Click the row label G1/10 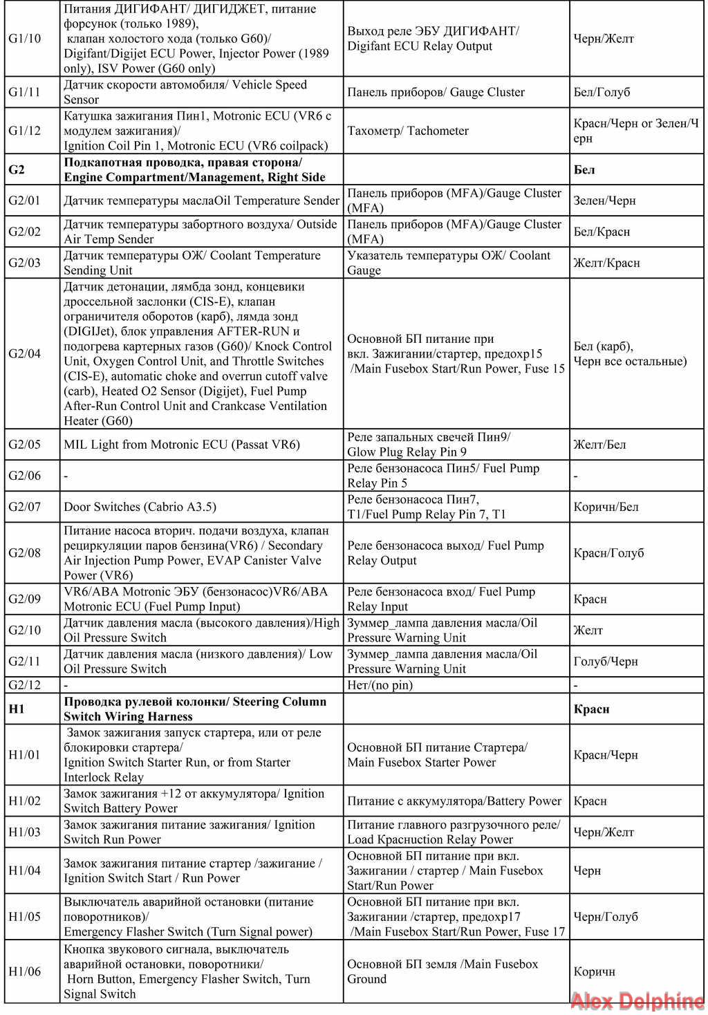click(x=25, y=39)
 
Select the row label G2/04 click(x=25, y=354)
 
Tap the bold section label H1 click(x=17, y=709)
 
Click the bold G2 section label click(x=17, y=169)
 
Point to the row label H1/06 click(x=25, y=971)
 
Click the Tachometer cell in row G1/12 click(x=408, y=131)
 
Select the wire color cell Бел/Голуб click(x=602, y=92)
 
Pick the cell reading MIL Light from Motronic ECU click(x=182, y=445)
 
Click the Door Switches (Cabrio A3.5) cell click(x=140, y=507)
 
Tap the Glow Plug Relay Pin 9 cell click(x=429, y=445)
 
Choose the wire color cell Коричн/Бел click(x=606, y=507)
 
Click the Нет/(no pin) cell click(x=380, y=685)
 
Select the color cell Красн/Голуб click(x=608, y=553)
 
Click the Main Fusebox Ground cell click(x=442, y=971)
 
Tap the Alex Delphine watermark click(x=637, y=1001)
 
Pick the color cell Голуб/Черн click(x=606, y=662)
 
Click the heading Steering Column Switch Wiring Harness click(x=195, y=709)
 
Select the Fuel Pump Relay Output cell click(x=445, y=553)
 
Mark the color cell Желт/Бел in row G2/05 click(x=599, y=445)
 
